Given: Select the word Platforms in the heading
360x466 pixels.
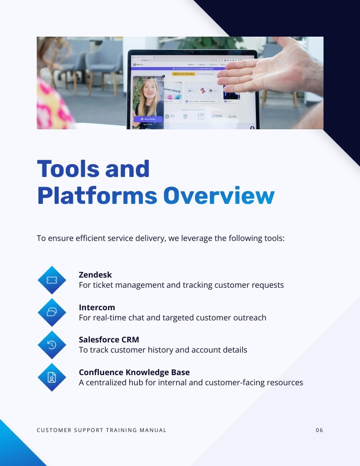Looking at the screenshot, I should click(97, 195).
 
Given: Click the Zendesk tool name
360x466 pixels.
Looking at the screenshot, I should click(96, 274).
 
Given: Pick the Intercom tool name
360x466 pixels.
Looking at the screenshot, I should click(97, 307).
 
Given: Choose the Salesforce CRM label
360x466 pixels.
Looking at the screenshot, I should click(109, 339).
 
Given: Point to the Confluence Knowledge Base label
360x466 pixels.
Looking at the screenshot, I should click(134, 372).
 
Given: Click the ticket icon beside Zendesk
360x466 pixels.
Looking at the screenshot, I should click(52, 280).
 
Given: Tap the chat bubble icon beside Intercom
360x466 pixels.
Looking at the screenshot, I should click(52, 312).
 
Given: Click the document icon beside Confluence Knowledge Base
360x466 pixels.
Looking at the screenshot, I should click(52, 377).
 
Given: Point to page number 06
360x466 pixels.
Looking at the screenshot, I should click(319, 430).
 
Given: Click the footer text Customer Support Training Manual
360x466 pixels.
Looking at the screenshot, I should click(101, 430).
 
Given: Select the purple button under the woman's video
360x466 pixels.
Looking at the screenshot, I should click(148, 119).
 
